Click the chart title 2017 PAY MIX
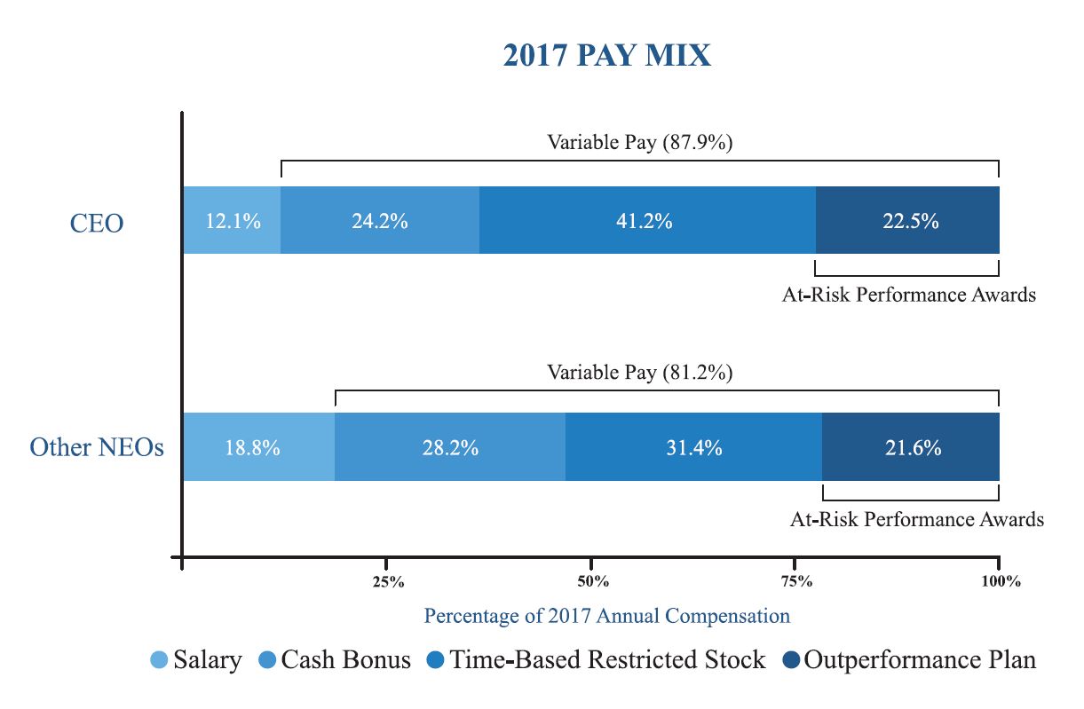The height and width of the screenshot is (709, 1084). [606, 56]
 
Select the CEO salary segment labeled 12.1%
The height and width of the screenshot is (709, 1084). [232, 221]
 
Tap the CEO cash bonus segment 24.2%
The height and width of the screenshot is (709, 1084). [379, 221]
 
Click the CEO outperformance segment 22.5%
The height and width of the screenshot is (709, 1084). [908, 221]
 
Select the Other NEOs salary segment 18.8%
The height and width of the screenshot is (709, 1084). [257, 447]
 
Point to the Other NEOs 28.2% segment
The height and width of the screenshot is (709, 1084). [449, 447]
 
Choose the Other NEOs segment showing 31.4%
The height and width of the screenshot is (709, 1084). [693, 447]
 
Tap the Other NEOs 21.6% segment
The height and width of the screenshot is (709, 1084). [912, 447]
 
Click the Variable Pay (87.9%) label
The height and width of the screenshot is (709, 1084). [639, 143]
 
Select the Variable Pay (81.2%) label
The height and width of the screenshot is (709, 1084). [639, 373]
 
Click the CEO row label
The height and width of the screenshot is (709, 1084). [97, 222]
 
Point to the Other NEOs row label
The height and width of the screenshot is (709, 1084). [97, 447]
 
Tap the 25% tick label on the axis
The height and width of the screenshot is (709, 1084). [388, 582]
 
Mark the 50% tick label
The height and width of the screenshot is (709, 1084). [592, 582]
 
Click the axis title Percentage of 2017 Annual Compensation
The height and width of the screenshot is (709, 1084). [606, 615]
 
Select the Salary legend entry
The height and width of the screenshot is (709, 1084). [195, 660]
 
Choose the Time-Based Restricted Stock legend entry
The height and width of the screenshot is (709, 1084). [597, 660]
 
